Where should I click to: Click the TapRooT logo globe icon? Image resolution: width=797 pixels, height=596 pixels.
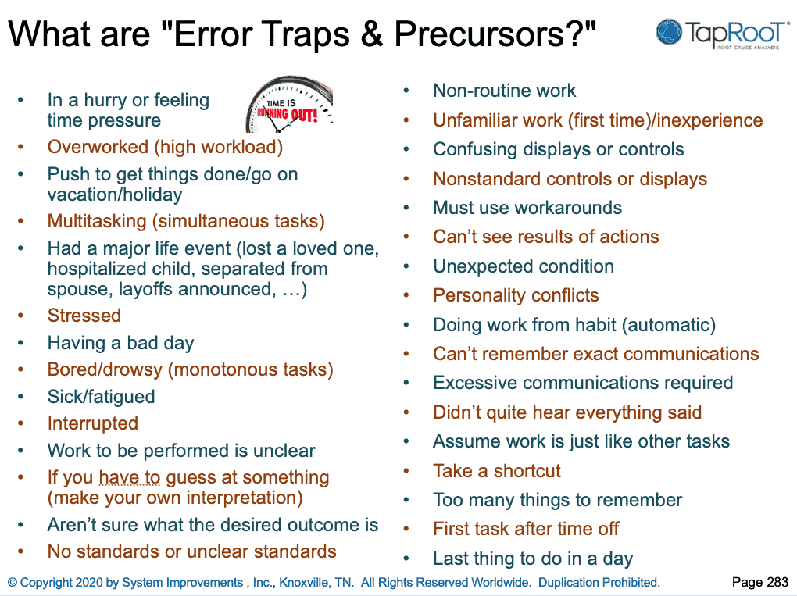pos(670,32)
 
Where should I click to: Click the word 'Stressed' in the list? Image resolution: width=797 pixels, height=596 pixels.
pos(84,316)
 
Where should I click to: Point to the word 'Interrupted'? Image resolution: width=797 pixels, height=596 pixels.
pos(93,423)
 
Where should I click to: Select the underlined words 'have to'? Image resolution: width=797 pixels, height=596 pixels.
pos(130,477)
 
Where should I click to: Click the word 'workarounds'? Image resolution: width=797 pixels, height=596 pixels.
pos(571,208)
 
